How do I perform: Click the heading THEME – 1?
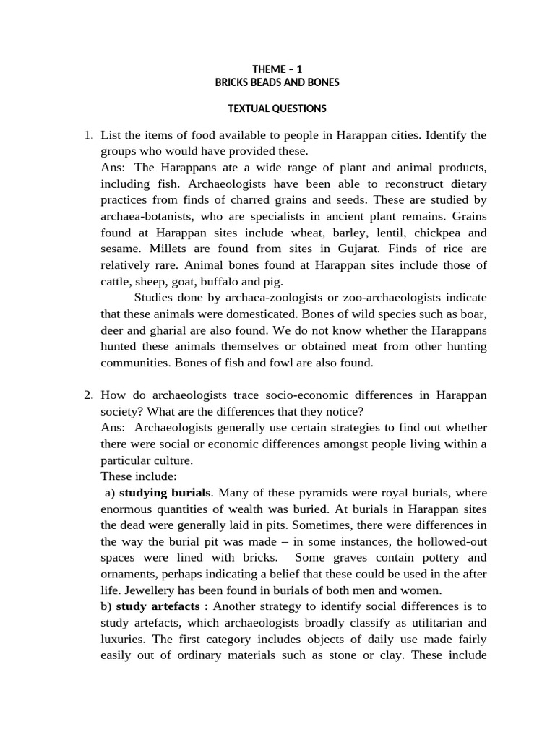click(x=277, y=69)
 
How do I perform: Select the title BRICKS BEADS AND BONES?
click(x=277, y=82)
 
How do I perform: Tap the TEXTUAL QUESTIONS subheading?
click(x=277, y=108)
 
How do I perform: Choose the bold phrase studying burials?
click(x=165, y=492)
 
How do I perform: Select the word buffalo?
click(x=216, y=281)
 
